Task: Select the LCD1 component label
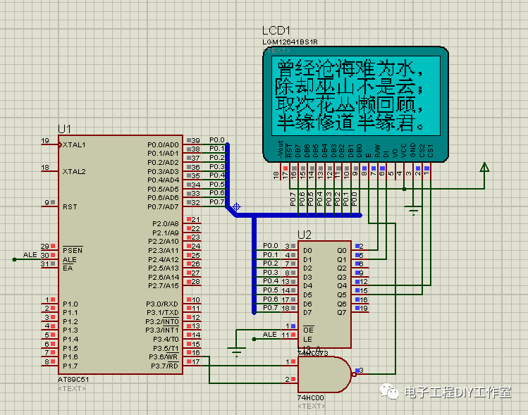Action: click(x=276, y=31)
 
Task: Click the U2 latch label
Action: click(x=305, y=235)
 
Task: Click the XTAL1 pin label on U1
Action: click(x=73, y=144)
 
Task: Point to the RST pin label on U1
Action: click(x=69, y=207)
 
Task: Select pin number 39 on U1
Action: click(x=195, y=140)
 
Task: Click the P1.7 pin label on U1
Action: click(x=70, y=366)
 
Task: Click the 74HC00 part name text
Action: click(x=310, y=398)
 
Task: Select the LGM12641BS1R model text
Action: click(x=291, y=42)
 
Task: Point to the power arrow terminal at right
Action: click(x=484, y=168)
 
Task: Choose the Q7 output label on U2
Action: click(x=342, y=312)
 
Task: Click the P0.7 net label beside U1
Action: click(x=217, y=202)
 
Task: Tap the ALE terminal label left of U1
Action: click(x=30, y=254)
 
